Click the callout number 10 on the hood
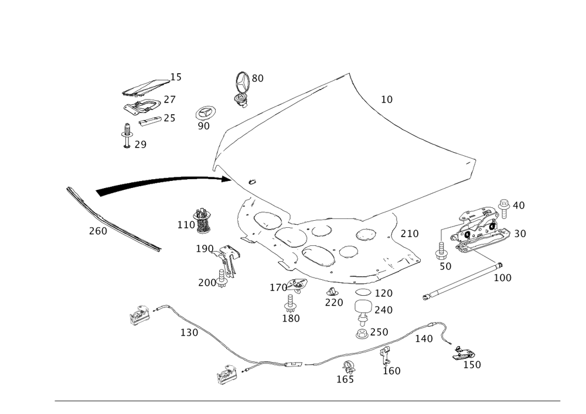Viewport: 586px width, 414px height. (387, 100)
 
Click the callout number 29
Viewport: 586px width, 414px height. (138, 145)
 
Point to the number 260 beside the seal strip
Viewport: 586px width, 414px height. (97, 232)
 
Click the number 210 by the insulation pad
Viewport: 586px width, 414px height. (410, 234)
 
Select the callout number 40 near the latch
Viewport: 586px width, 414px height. (518, 206)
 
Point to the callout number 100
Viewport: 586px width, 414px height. (502, 277)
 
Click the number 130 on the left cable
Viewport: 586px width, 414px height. (189, 333)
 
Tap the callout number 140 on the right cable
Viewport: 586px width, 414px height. (424, 339)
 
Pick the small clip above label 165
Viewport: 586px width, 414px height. (349, 368)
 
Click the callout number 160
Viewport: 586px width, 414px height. (391, 371)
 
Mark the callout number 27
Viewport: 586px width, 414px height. (170, 100)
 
